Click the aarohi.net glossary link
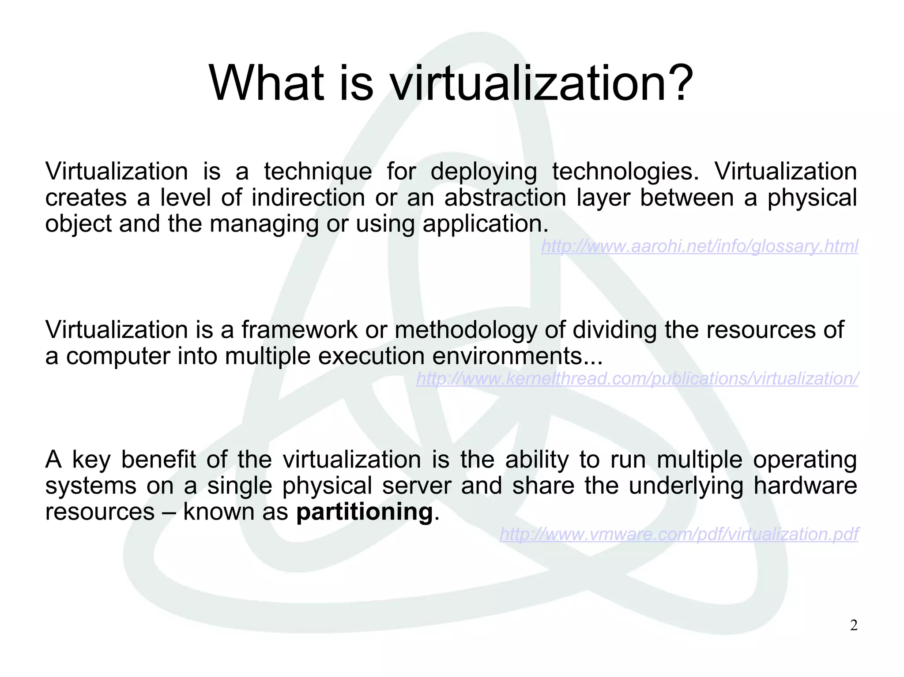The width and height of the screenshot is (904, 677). [x=700, y=246]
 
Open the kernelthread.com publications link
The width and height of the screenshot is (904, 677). [x=637, y=378]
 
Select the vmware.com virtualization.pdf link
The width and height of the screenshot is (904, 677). [x=679, y=534]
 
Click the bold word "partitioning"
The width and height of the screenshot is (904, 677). [x=364, y=512]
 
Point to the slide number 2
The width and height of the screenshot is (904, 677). [x=854, y=625]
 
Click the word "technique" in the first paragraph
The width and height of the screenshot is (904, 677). [x=318, y=171]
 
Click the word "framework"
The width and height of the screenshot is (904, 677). [x=299, y=329]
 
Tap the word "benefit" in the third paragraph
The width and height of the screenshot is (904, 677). [x=158, y=460]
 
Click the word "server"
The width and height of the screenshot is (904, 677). [x=416, y=486]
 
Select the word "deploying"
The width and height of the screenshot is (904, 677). [x=483, y=171]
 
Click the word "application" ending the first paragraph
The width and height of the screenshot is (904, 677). [x=485, y=224]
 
